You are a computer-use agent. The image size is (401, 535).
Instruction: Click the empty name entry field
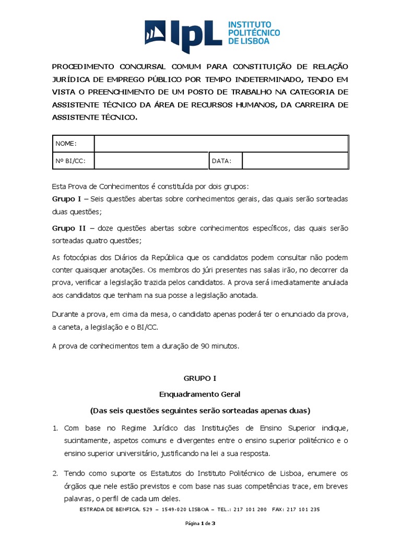click(221, 144)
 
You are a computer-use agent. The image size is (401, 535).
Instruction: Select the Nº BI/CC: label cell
click(69, 161)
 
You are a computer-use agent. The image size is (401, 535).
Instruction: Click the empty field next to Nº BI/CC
click(151, 161)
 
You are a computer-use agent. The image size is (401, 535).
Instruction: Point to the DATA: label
click(221, 161)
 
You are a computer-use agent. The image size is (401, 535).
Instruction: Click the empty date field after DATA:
click(295, 161)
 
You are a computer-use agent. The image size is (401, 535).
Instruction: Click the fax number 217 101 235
click(301, 509)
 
